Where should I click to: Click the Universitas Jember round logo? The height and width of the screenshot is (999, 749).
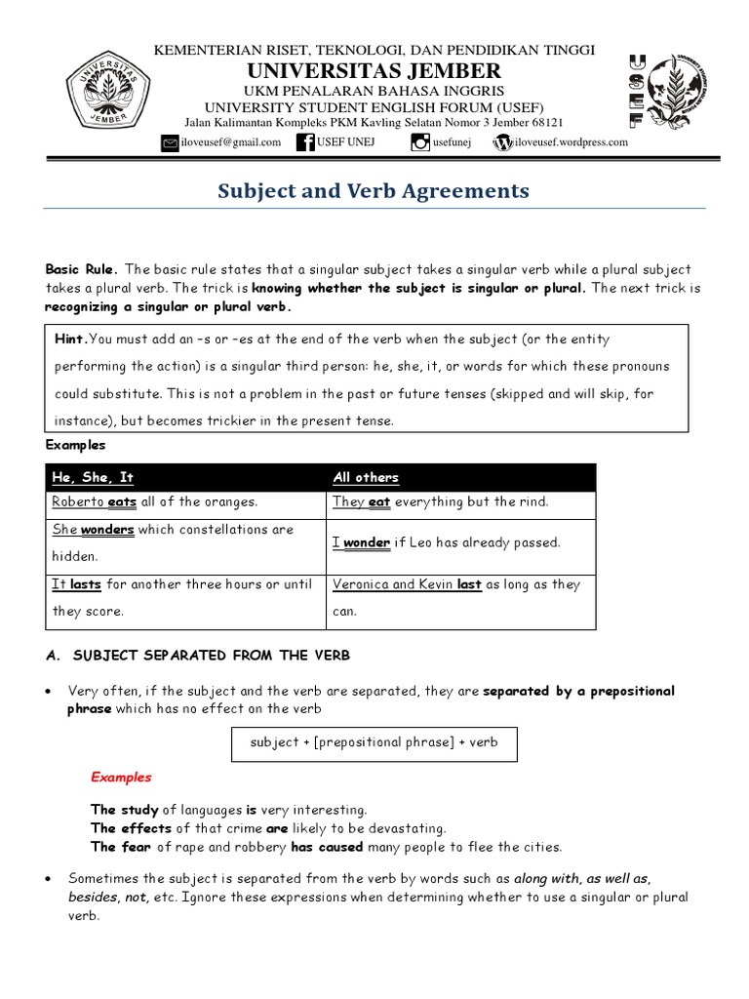(x=108, y=93)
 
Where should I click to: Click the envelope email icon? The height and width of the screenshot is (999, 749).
(x=171, y=142)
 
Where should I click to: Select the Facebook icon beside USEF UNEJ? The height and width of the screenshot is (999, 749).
(x=306, y=142)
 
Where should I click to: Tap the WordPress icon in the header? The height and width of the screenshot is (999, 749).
(x=503, y=142)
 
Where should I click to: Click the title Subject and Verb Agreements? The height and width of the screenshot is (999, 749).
(x=374, y=191)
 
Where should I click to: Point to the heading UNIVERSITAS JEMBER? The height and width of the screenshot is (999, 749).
(x=374, y=70)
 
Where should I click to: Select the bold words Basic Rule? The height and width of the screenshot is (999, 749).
(x=81, y=269)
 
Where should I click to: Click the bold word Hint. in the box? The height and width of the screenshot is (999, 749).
(x=71, y=340)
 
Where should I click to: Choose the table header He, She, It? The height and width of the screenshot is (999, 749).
(x=93, y=477)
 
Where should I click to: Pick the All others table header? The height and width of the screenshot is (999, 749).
(x=366, y=477)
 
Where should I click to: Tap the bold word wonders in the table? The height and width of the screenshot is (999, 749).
(x=107, y=530)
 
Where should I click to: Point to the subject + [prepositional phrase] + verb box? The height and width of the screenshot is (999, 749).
(x=374, y=742)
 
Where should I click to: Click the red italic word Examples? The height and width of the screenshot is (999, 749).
(x=121, y=778)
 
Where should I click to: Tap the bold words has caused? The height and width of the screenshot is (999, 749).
(x=327, y=847)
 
